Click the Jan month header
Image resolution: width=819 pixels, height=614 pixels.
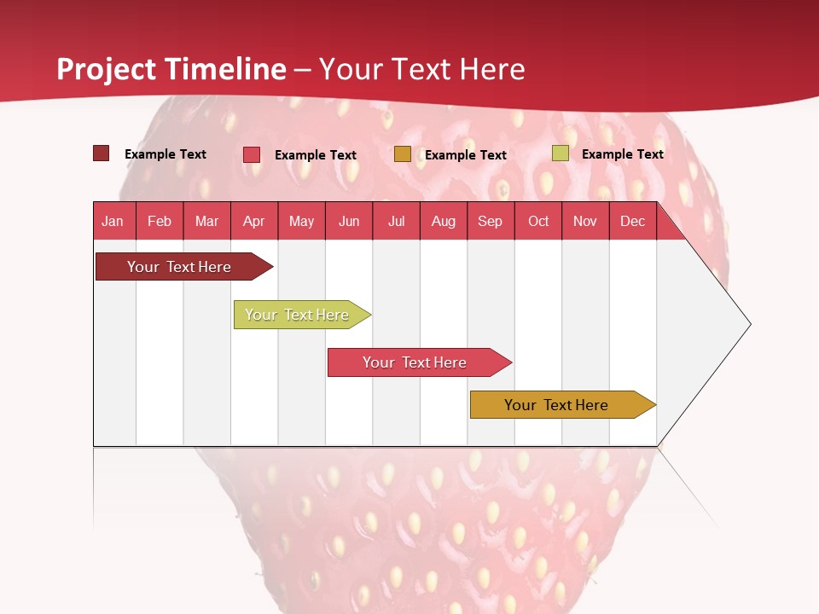pos(113,221)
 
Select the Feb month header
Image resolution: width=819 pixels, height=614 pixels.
pos(160,221)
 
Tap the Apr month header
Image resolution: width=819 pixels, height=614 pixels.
pos(253,221)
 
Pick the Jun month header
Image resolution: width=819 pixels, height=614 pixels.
pos(349,221)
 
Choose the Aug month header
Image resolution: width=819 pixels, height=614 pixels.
pos(443,221)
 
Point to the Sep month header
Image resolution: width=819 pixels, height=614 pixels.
pos(490,221)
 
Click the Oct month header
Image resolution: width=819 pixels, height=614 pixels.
pos(538,221)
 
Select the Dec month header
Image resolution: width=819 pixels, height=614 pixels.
pos(632,221)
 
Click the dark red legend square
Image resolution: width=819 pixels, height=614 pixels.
pos(102,153)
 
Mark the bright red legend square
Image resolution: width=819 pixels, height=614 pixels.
pos(252,154)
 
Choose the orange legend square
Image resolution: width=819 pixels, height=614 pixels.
pos(403,154)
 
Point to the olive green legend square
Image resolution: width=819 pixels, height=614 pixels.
pos(560,153)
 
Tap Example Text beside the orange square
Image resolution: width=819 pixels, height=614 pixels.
pos(465,154)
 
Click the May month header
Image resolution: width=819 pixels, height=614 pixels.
pos(301,221)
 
